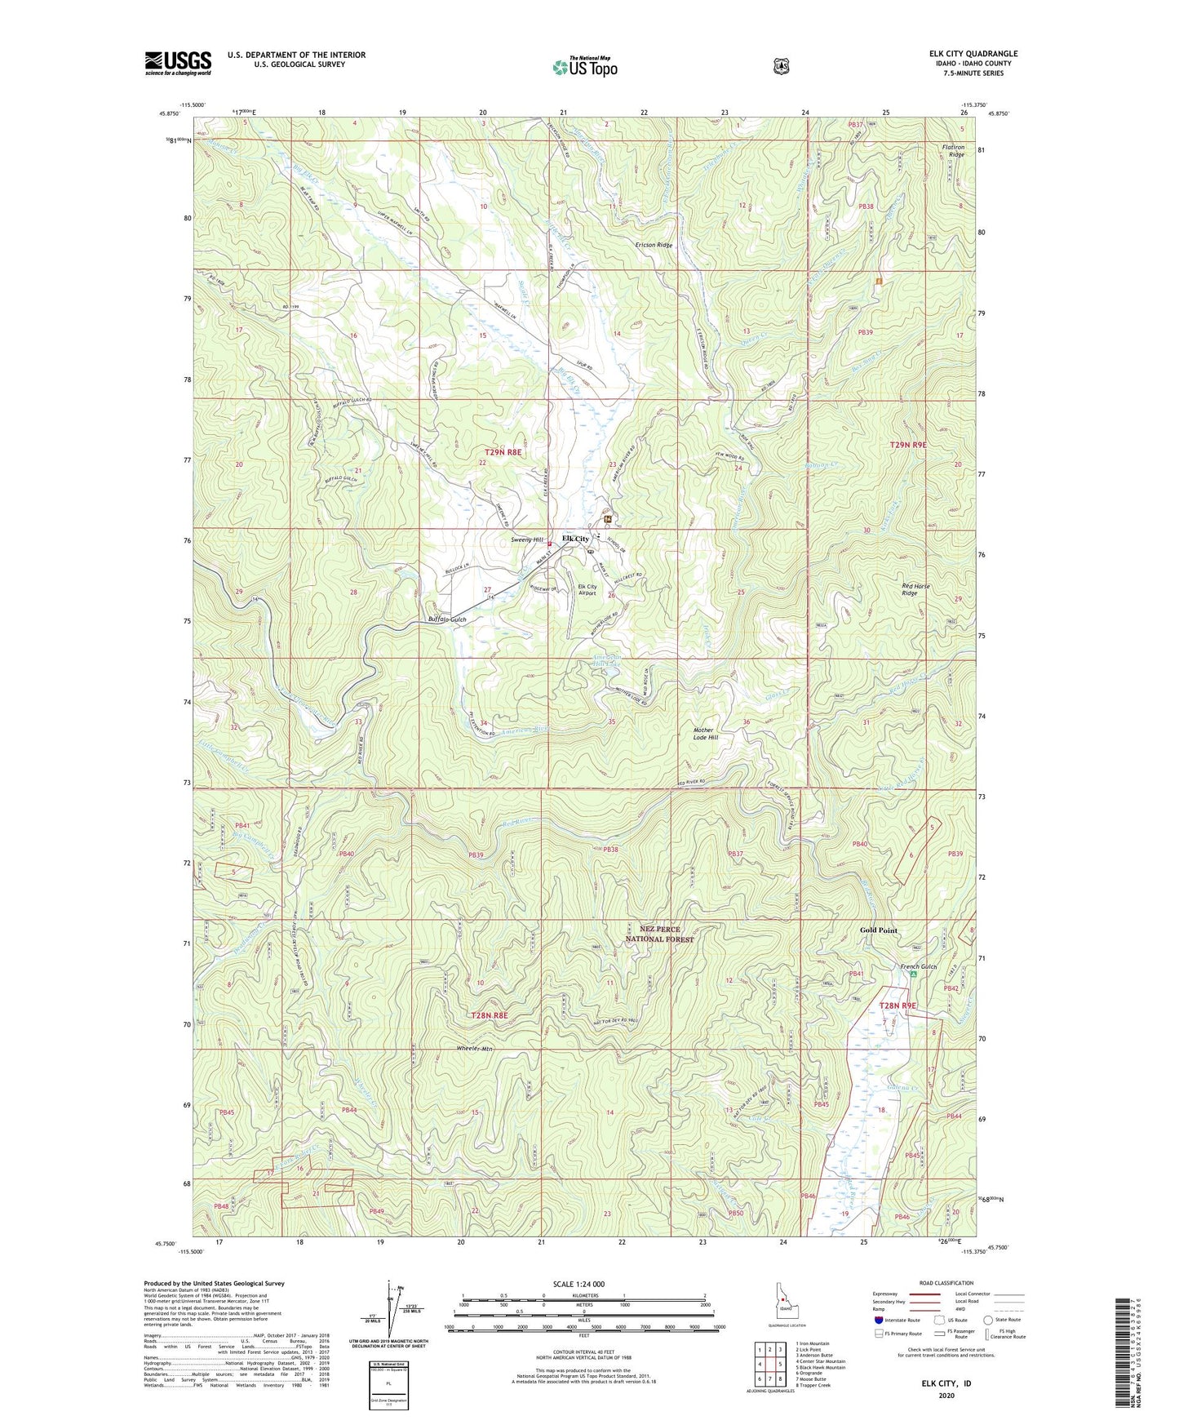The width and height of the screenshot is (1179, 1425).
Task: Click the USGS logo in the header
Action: tap(178, 63)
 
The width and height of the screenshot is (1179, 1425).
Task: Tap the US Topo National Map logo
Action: tap(583, 66)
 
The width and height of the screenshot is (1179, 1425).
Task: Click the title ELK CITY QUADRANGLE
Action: tap(973, 54)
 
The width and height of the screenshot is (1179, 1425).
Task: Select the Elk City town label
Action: tap(575, 539)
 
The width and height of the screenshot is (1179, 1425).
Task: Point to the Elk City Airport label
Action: tap(587, 590)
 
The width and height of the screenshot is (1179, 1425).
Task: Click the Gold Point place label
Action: tap(878, 930)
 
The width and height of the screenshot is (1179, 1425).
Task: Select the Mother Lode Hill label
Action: tap(703, 734)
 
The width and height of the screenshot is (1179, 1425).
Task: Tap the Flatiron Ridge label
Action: tap(953, 151)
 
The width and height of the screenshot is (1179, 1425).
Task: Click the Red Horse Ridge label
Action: tap(915, 589)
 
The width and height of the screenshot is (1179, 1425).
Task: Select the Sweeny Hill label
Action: tap(527, 539)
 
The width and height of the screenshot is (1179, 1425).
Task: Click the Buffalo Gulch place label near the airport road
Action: tap(447, 619)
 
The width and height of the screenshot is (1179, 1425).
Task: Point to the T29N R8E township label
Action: tap(503, 451)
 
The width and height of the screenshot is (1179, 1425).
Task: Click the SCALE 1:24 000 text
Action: tap(578, 1284)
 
